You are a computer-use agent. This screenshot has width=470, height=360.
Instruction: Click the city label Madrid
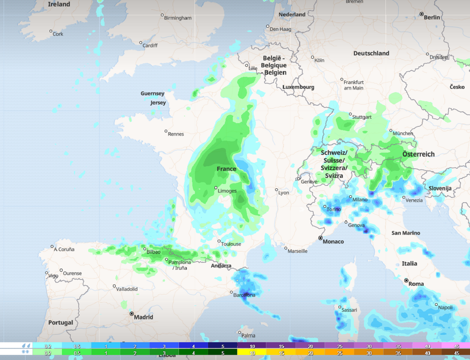pos(144,317)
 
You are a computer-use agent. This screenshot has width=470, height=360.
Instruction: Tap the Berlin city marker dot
pos(422,14)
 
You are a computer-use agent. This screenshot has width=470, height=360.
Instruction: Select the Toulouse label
pos(231,244)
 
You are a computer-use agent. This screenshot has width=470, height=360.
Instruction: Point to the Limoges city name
pos(227,191)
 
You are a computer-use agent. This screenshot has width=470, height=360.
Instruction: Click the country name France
pos(227,169)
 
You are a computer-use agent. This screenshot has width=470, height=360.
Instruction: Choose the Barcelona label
pos(244,295)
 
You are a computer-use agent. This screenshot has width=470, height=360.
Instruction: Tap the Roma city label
pos(416,284)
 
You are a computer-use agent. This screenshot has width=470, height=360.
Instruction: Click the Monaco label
pos(333,242)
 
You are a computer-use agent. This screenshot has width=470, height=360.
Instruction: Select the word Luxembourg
pos(298,87)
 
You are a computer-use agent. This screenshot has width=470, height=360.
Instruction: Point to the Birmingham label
pos(178,18)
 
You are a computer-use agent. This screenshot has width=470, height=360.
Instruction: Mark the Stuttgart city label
pos(362,117)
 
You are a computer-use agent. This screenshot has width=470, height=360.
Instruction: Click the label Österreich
pos(418,154)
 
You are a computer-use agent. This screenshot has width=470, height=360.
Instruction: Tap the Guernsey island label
pos(152,94)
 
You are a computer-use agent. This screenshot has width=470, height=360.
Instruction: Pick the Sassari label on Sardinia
pos(349,310)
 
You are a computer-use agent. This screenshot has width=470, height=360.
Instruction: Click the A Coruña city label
pos(64,249)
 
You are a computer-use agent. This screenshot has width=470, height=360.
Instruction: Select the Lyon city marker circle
pos(277,190)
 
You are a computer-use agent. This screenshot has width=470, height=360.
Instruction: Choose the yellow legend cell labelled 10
pos(252,352)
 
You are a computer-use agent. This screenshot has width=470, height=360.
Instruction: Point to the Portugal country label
pos(61,323)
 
